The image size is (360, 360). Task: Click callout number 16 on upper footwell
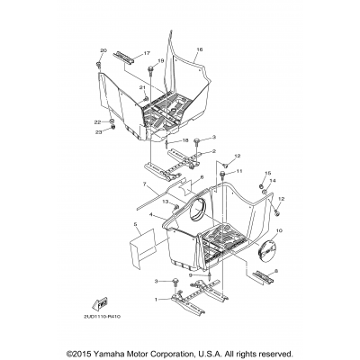click(x=200, y=49)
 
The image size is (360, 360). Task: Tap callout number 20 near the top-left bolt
click(x=103, y=50)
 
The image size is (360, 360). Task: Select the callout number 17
click(x=147, y=54)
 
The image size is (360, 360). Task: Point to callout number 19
click(x=162, y=60)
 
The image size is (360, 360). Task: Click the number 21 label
click(x=142, y=86)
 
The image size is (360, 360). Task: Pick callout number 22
click(x=97, y=121)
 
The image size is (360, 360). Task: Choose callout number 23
click(x=97, y=132)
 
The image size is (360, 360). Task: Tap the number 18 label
click(x=184, y=141)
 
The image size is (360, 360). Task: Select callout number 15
click(x=266, y=172)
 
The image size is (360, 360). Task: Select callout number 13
click(x=166, y=202)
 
